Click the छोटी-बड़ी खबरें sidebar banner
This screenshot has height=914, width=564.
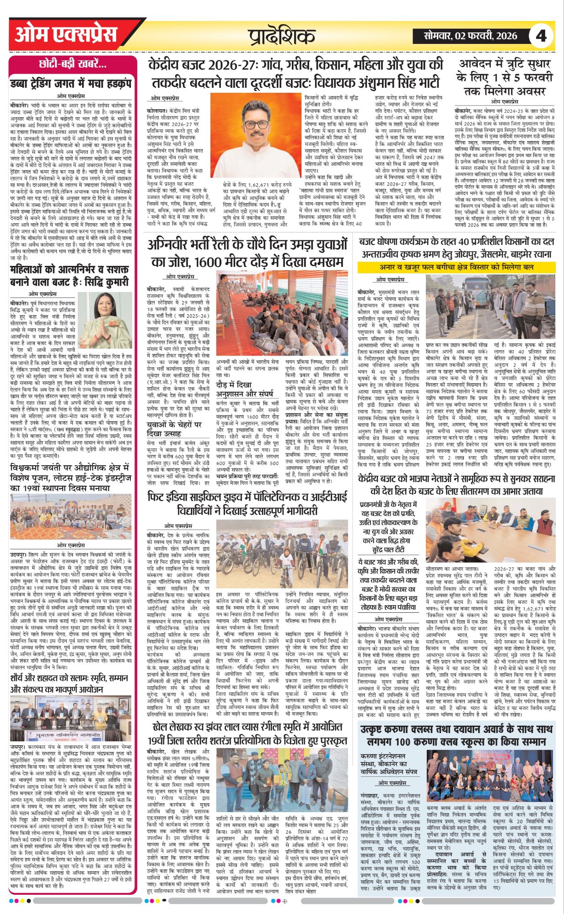click(73, 64)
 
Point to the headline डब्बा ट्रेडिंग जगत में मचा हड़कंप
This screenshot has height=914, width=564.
click(71, 84)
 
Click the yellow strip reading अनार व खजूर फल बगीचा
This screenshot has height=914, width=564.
click(456, 267)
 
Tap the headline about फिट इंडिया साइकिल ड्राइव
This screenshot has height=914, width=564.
click(247, 504)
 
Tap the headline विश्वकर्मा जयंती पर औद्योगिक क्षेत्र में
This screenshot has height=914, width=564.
click(71, 477)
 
